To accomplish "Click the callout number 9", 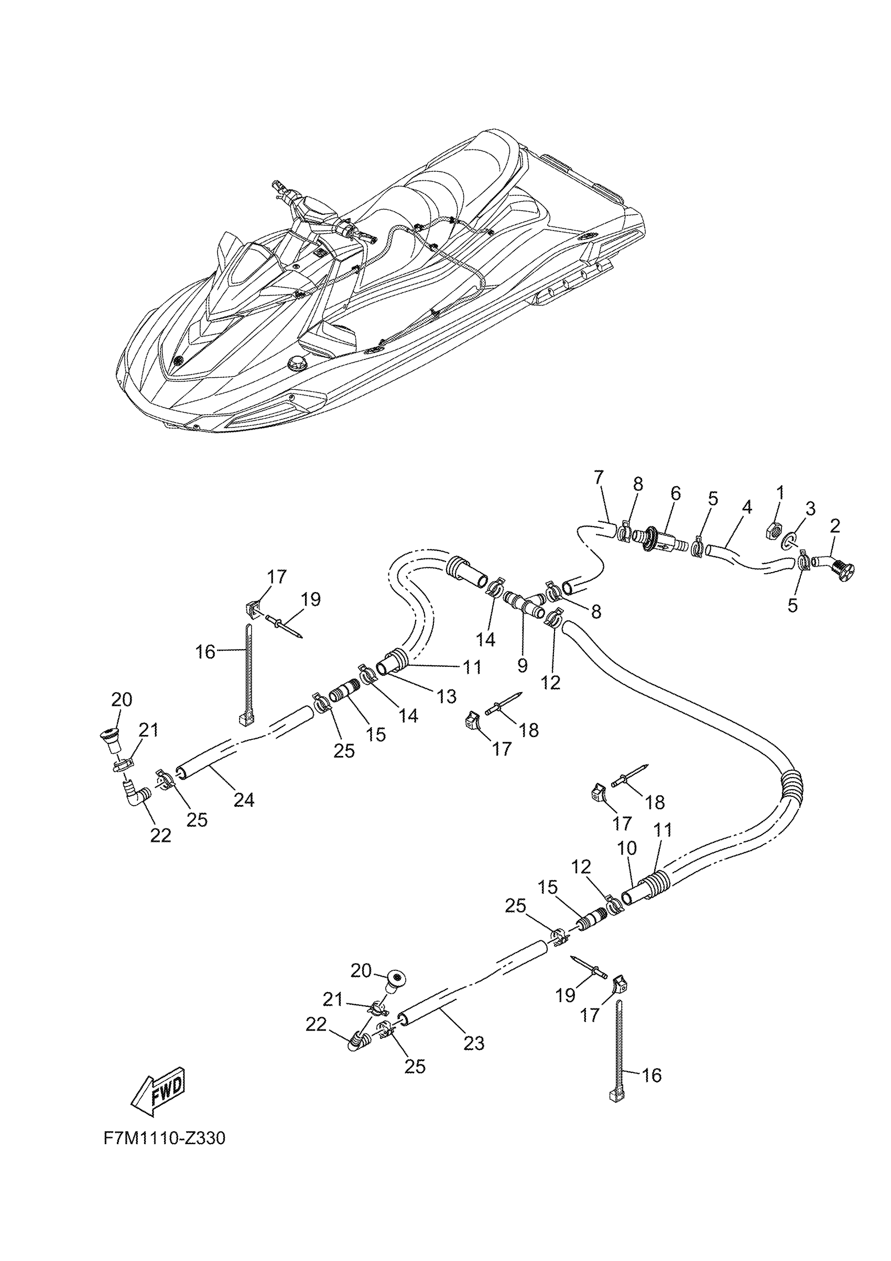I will [522, 665].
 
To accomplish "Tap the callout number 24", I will [244, 800].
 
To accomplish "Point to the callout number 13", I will [447, 696].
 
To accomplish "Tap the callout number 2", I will [834, 526].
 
